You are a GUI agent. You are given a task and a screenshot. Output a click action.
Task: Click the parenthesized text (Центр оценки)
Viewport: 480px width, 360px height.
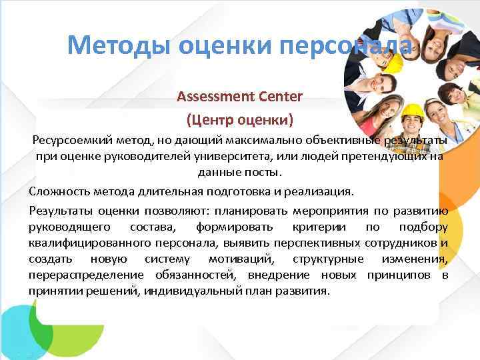239,121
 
